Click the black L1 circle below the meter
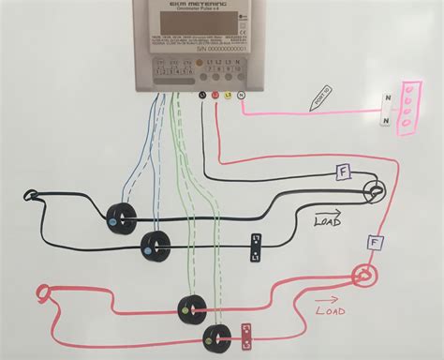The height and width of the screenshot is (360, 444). coord(202,95)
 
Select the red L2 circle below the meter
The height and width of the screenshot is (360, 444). coord(215,95)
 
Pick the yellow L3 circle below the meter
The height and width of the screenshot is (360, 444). coord(228,95)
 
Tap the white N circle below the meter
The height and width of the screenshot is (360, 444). coord(241,95)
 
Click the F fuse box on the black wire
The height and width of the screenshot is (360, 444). coord(344,172)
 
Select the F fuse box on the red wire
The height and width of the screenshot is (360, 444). coord(376,243)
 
